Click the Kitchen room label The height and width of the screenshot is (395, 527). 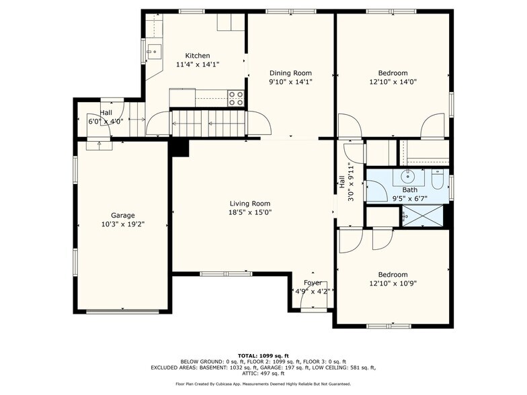198,56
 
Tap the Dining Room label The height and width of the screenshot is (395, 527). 290,73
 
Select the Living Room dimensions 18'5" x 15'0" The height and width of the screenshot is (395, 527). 250,212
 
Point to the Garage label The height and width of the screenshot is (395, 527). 122,216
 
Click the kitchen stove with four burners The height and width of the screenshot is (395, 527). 236,98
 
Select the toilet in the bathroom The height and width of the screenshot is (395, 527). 438,179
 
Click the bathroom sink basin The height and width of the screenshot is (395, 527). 408,176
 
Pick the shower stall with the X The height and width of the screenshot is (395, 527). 423,216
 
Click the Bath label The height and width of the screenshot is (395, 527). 410,190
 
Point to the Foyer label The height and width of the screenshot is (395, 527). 313,283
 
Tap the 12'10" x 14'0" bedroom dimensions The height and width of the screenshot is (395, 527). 393,82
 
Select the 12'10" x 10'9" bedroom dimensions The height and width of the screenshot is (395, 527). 393,283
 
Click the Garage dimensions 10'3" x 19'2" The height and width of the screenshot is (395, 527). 122,224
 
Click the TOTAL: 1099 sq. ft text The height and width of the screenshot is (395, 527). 263,356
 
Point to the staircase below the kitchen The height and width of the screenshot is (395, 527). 208,124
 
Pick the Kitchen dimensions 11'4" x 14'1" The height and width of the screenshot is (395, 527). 198,64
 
